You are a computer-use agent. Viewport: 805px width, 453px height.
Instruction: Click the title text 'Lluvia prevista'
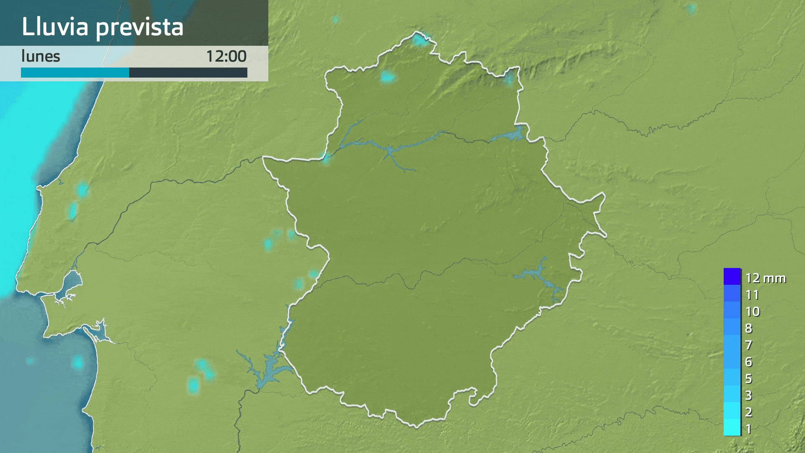click(102, 27)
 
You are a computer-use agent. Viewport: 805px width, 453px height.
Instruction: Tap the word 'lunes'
click(41, 56)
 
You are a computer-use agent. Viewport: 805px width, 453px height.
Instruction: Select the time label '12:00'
click(226, 56)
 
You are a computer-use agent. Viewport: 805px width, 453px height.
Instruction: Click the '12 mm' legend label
click(765, 278)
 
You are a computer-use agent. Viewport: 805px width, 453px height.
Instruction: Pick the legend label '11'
click(752, 295)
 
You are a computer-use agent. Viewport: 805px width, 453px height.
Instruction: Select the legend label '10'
click(753, 312)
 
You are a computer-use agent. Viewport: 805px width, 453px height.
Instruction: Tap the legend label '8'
click(748, 328)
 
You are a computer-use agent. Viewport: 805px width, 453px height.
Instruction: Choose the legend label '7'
click(748, 345)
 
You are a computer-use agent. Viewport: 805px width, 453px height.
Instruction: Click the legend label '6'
click(748, 362)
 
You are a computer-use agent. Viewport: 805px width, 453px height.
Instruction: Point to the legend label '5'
click(748, 379)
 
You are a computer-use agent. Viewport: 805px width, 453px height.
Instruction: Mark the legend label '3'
click(748, 396)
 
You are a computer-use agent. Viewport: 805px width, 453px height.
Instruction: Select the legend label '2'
click(748, 412)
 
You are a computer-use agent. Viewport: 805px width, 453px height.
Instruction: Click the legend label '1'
click(748, 429)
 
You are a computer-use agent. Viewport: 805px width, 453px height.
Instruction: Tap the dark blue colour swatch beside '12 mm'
click(732, 276)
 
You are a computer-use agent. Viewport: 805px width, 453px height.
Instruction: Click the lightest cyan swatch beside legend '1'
click(732, 428)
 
